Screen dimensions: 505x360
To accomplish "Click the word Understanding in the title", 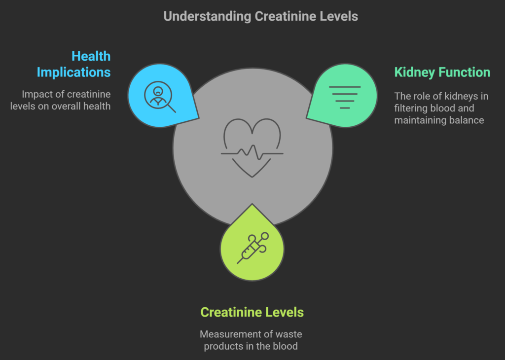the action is (x=208, y=17).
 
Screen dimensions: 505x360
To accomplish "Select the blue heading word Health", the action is (x=91, y=56).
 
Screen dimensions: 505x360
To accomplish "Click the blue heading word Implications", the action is (x=74, y=72).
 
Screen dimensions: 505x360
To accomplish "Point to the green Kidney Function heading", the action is (x=442, y=72).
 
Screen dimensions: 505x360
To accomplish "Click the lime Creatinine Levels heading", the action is (x=252, y=312).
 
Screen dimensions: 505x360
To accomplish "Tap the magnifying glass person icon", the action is (x=160, y=97).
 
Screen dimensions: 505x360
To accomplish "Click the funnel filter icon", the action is (x=345, y=97).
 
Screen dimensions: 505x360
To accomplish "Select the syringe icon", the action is (x=253, y=248).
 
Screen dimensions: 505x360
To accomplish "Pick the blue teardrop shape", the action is (x=163, y=96).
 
